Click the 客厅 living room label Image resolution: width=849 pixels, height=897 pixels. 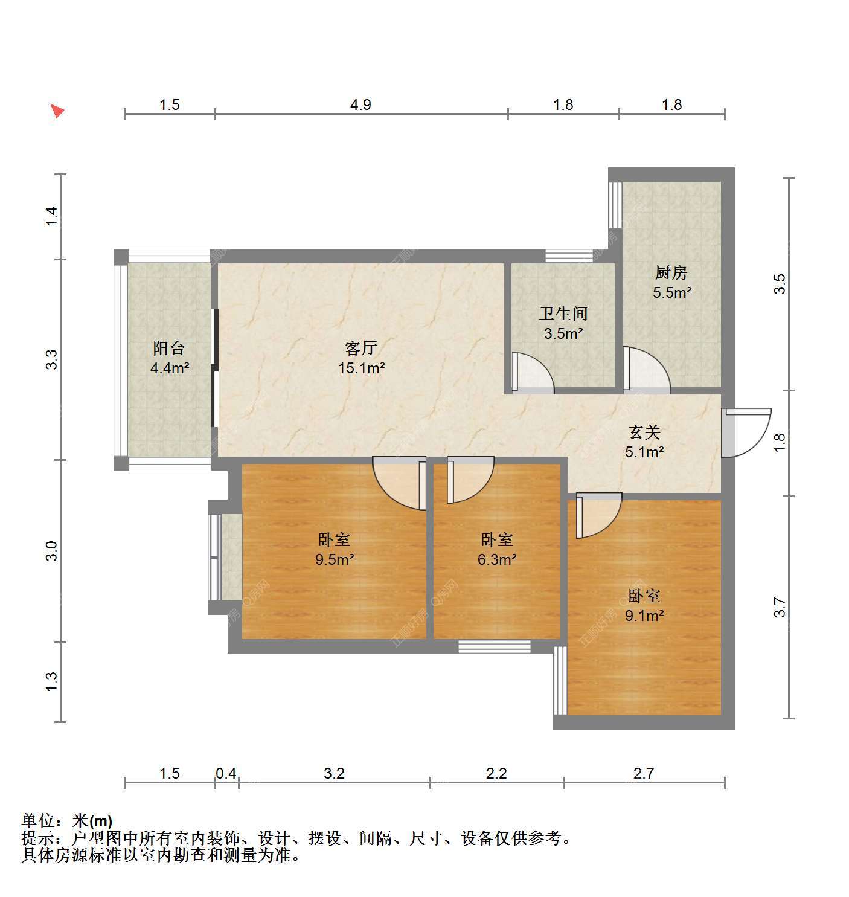[x=360, y=348]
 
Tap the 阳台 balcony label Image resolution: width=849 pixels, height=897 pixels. [x=169, y=348]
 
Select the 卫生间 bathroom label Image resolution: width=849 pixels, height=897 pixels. [x=563, y=313]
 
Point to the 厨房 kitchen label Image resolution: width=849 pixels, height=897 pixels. [x=671, y=272]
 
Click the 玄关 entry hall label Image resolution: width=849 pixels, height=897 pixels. [x=644, y=432]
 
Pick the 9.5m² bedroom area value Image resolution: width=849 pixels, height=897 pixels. [x=335, y=559]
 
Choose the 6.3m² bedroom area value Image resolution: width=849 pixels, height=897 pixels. [x=497, y=559]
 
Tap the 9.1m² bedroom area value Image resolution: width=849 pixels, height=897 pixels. [x=644, y=616]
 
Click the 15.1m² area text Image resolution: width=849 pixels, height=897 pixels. [x=361, y=368]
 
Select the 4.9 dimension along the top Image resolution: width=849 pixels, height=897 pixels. [x=360, y=105]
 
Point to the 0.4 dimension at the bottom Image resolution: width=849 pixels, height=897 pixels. [x=226, y=773]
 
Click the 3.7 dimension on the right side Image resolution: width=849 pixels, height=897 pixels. [x=780, y=607]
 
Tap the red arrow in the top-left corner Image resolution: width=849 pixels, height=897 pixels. [x=57, y=111]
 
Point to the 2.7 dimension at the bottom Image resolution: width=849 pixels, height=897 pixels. [x=644, y=773]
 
